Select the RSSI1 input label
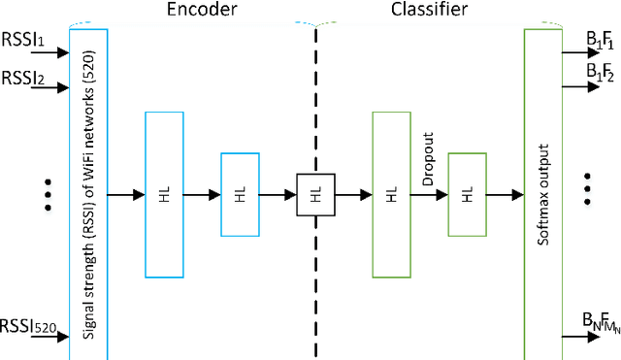pyautogui.click(x=20, y=43)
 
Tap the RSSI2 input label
pyautogui.click(x=20, y=76)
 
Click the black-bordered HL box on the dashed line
pyautogui.click(x=315, y=194)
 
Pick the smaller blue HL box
pyautogui.click(x=241, y=194)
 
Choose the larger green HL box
pyautogui.click(x=392, y=194)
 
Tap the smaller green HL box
pyautogui.click(x=467, y=194)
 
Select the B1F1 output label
pyautogui.click(x=600, y=40)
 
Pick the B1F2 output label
pyautogui.click(x=600, y=72)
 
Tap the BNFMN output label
pyautogui.click(x=600, y=320)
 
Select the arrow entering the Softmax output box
pyautogui.click(x=504, y=195)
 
